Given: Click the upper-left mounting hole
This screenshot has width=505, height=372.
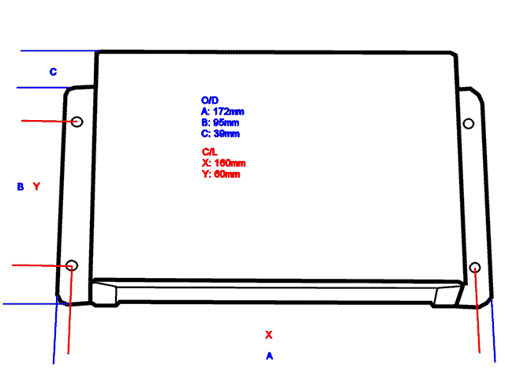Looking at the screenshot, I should [77, 122].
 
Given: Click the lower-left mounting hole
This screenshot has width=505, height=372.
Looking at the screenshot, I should [71, 265].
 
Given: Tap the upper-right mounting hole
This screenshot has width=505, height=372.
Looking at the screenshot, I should [468, 123].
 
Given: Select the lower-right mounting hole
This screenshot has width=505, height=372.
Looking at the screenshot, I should [475, 269].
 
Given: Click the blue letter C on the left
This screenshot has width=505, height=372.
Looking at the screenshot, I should [53, 72].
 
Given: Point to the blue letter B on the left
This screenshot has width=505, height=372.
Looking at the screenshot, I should [21, 186].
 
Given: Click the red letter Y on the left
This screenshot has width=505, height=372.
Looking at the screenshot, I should [36, 186].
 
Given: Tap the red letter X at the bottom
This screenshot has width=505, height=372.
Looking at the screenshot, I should [268, 334].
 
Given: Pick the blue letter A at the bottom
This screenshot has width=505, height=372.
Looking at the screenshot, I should [269, 356].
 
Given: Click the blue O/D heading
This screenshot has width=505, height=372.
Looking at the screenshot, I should [209, 100].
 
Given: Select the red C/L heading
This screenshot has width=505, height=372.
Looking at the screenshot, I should [209, 151].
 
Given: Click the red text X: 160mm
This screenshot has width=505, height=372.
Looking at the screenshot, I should [223, 163].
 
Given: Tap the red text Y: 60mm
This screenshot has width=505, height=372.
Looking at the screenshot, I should [221, 174].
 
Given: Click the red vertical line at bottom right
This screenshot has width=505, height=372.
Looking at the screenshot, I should [478, 316].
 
